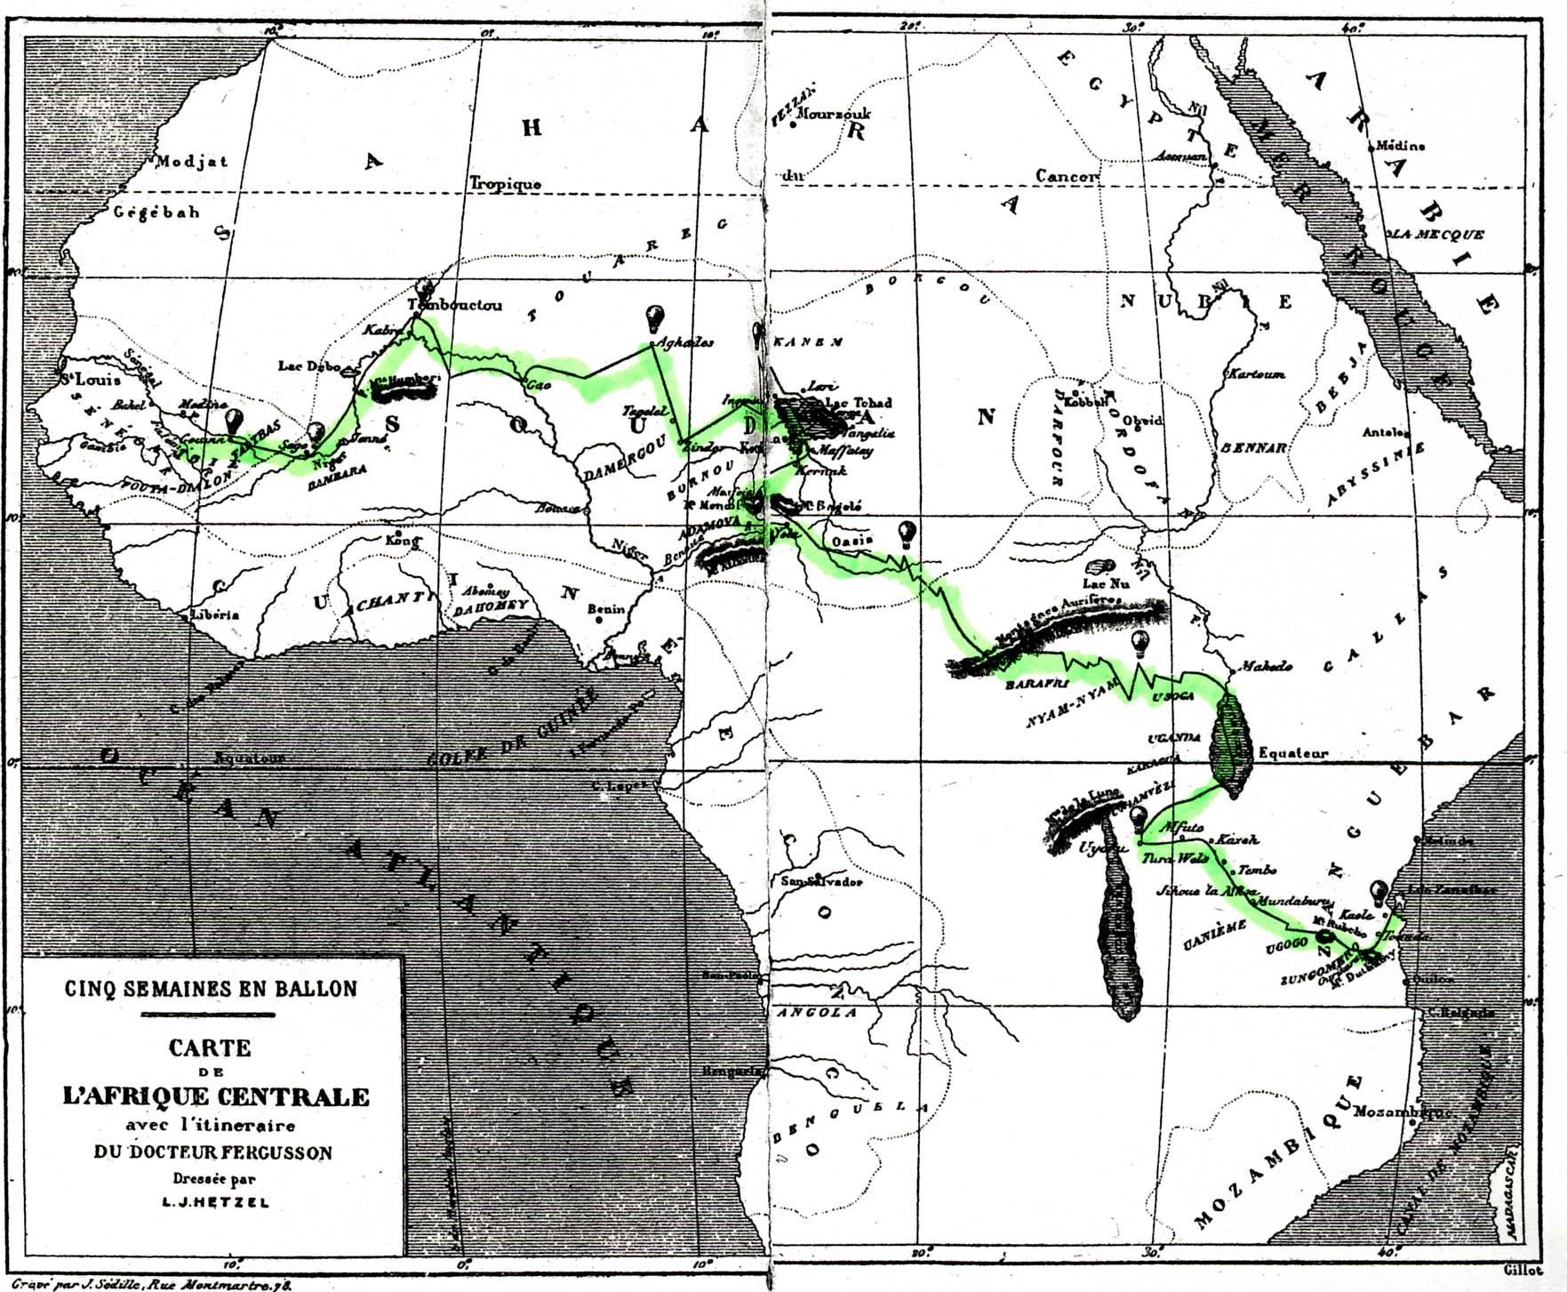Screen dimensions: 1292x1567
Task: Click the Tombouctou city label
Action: click(x=455, y=305)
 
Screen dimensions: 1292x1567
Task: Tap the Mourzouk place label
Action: click(x=835, y=114)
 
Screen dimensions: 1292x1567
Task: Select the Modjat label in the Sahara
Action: click(x=192, y=162)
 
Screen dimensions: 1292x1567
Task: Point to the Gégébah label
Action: click(x=156, y=213)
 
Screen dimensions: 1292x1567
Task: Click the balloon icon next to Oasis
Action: click(x=907, y=534)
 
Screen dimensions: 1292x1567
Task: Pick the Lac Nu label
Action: click(x=1106, y=584)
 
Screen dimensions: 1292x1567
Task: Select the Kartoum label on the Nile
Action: click(x=1256, y=374)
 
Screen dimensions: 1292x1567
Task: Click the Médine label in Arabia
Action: click(x=1400, y=146)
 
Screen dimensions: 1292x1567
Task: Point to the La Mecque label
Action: click(x=1438, y=235)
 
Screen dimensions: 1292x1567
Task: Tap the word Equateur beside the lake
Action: click(x=1293, y=752)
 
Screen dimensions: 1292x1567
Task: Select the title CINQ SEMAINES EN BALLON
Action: click(x=211, y=988)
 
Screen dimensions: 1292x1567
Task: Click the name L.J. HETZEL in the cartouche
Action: click(x=211, y=1202)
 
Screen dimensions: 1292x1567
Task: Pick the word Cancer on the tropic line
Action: click(x=1067, y=176)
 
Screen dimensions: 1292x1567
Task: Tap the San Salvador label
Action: click(x=821, y=882)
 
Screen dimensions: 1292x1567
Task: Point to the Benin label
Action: click(x=607, y=609)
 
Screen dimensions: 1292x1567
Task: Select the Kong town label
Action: click(x=401, y=541)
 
